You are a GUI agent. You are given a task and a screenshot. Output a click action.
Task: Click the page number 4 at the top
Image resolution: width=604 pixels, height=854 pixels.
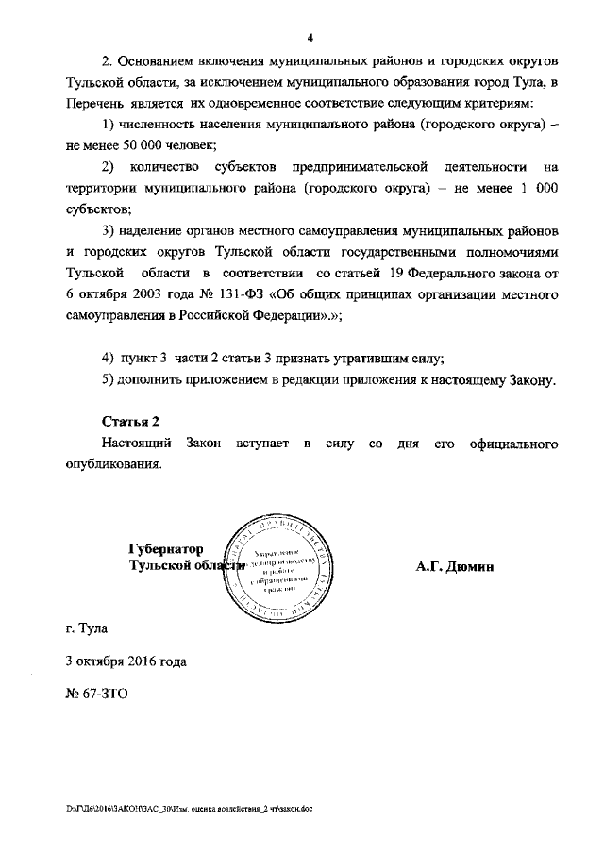pyautogui.click(x=309, y=38)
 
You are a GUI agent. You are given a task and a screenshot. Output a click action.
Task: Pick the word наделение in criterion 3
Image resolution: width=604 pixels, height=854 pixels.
pyautogui.click(x=158, y=231)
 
